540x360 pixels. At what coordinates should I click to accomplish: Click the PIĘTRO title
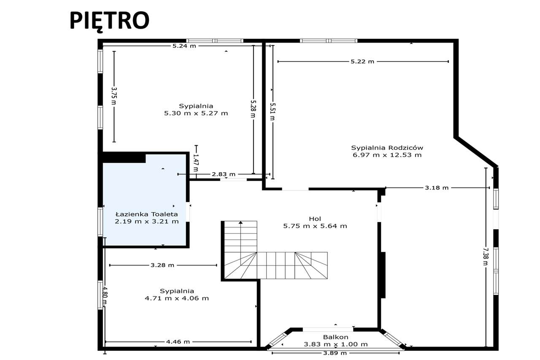point(109,20)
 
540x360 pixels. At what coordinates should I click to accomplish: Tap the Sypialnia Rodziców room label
point(387,148)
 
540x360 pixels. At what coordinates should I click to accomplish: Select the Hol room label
point(315,219)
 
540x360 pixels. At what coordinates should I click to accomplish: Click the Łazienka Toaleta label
point(146,214)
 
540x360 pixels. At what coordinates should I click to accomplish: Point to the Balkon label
point(335,337)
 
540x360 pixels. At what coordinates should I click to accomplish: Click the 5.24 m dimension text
point(184,46)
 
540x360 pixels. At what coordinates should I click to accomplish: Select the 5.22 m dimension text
point(362,62)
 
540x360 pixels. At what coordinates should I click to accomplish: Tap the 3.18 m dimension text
point(437,188)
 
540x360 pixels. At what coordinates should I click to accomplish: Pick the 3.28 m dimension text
point(162,265)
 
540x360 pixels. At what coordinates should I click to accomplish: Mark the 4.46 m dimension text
point(178,342)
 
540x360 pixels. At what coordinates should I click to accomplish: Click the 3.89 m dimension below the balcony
point(335,353)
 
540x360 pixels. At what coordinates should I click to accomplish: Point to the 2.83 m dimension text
point(224,174)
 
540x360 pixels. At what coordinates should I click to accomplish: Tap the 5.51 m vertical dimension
point(273,111)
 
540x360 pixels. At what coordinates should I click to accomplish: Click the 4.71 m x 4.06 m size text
point(177,298)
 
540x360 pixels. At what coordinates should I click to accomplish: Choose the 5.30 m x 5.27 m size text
point(196,113)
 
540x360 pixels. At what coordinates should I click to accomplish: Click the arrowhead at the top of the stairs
point(240,222)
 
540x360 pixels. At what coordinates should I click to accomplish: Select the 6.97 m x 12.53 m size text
point(387,155)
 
